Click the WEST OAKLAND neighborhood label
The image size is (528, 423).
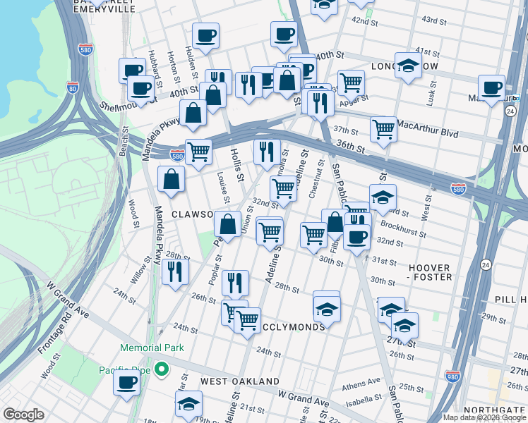coord(240,381)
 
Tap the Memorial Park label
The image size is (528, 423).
coord(152,348)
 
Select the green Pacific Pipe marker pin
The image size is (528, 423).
coord(162,369)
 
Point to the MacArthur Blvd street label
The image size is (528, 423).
coord(428,133)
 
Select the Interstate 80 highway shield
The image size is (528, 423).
coord(72,87)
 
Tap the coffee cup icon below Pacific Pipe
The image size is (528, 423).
coord(128,383)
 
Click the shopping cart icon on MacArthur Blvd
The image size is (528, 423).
coord(383,129)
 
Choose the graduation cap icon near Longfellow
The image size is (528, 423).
coord(408,66)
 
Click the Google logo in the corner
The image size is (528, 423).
coord(24,415)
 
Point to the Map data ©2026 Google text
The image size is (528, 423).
coord(484,417)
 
